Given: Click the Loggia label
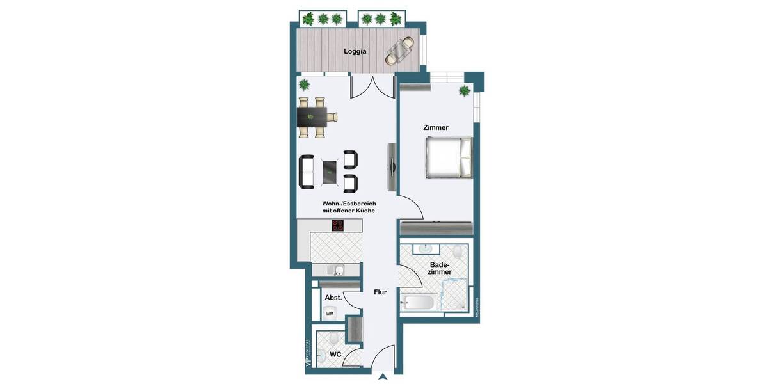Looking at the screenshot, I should [355, 52].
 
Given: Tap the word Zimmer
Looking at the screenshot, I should [436, 128].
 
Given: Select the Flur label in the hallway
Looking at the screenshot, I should [380, 292].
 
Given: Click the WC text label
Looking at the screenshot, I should [335, 354].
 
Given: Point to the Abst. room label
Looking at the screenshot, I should [332, 298].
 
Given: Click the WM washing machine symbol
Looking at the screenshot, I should [330, 313].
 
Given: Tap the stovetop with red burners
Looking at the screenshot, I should [337, 225].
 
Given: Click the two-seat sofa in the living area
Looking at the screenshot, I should [307, 172].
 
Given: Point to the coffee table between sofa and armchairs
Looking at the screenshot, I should [330, 171].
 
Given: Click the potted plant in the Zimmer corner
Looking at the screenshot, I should [465, 92].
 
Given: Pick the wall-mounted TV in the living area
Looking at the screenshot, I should [391, 166].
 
